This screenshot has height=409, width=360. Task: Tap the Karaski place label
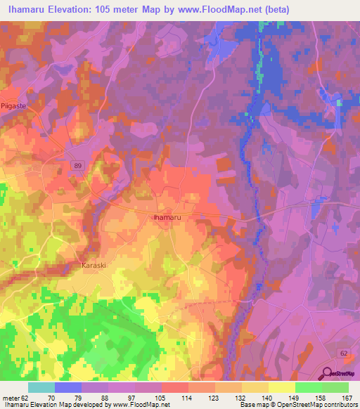tap(94, 266)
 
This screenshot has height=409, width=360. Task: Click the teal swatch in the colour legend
tap(41, 387)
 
